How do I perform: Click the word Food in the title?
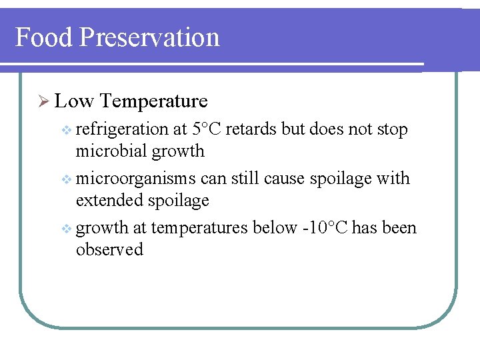[x=43, y=37]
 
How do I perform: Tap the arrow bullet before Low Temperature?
[x=44, y=102]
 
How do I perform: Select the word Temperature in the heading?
[x=155, y=101]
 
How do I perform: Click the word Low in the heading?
[x=74, y=101]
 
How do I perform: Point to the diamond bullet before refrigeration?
[x=65, y=130]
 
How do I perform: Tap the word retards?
[x=252, y=129]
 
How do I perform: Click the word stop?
[x=391, y=129]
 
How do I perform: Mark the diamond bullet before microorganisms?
[x=65, y=179]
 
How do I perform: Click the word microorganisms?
[x=136, y=179]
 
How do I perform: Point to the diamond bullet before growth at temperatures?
[x=65, y=229]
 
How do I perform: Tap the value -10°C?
[x=323, y=227]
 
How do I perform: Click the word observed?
[x=109, y=249]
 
